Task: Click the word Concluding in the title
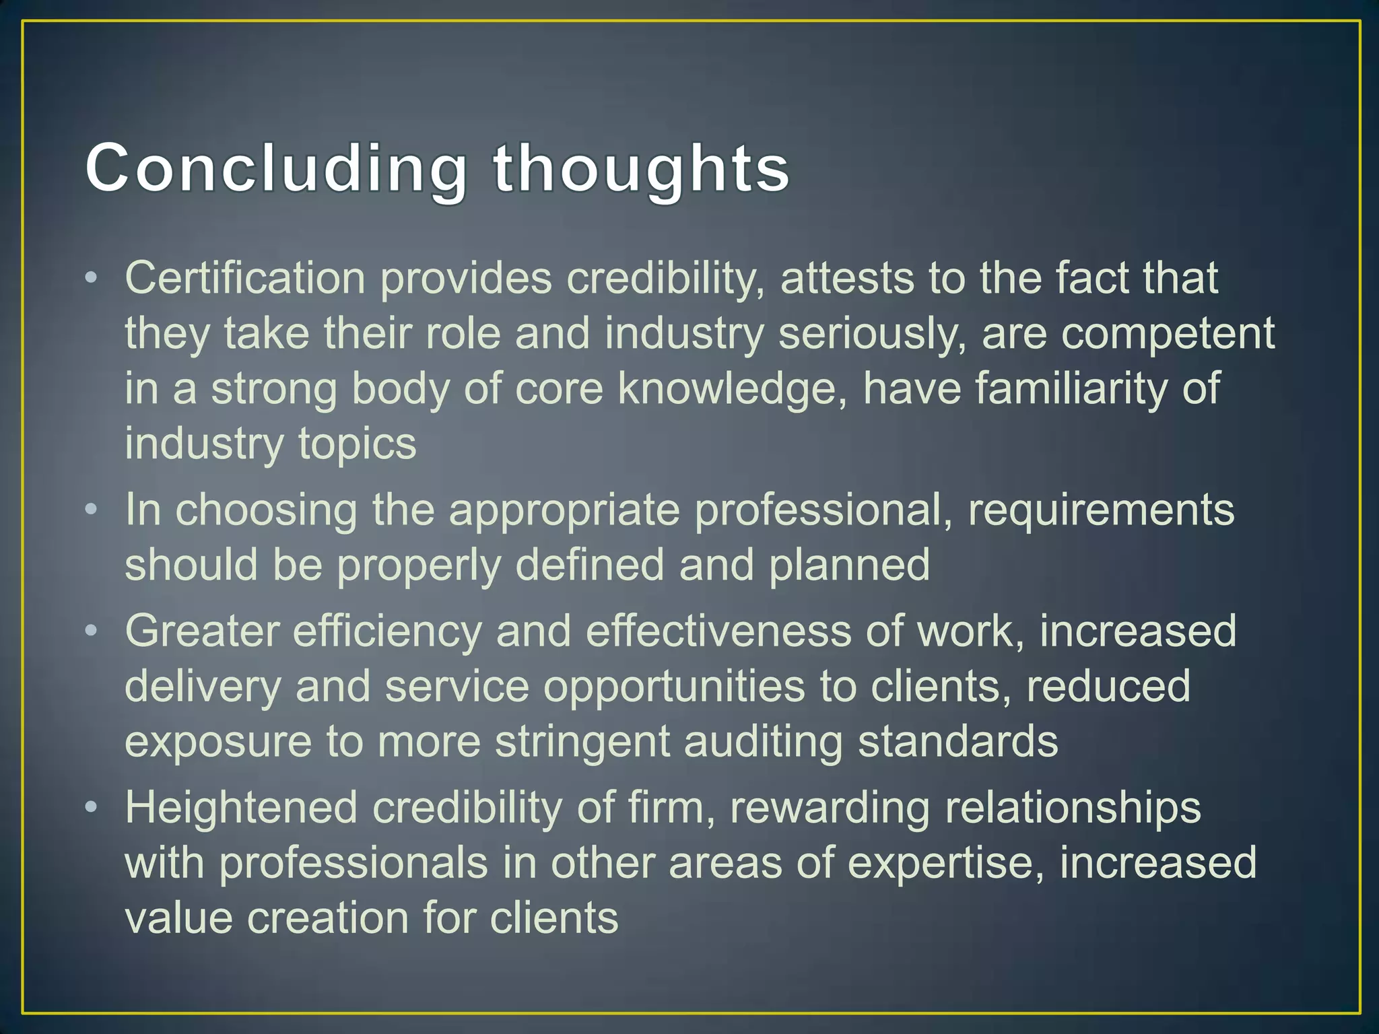click(276, 168)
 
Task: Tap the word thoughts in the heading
click(641, 168)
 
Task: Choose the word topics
click(357, 444)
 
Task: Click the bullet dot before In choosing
click(92, 509)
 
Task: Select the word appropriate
click(564, 510)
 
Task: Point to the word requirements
click(1101, 510)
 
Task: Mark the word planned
click(849, 565)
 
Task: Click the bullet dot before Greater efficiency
click(92, 630)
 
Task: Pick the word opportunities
click(674, 687)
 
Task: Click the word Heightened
click(241, 808)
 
